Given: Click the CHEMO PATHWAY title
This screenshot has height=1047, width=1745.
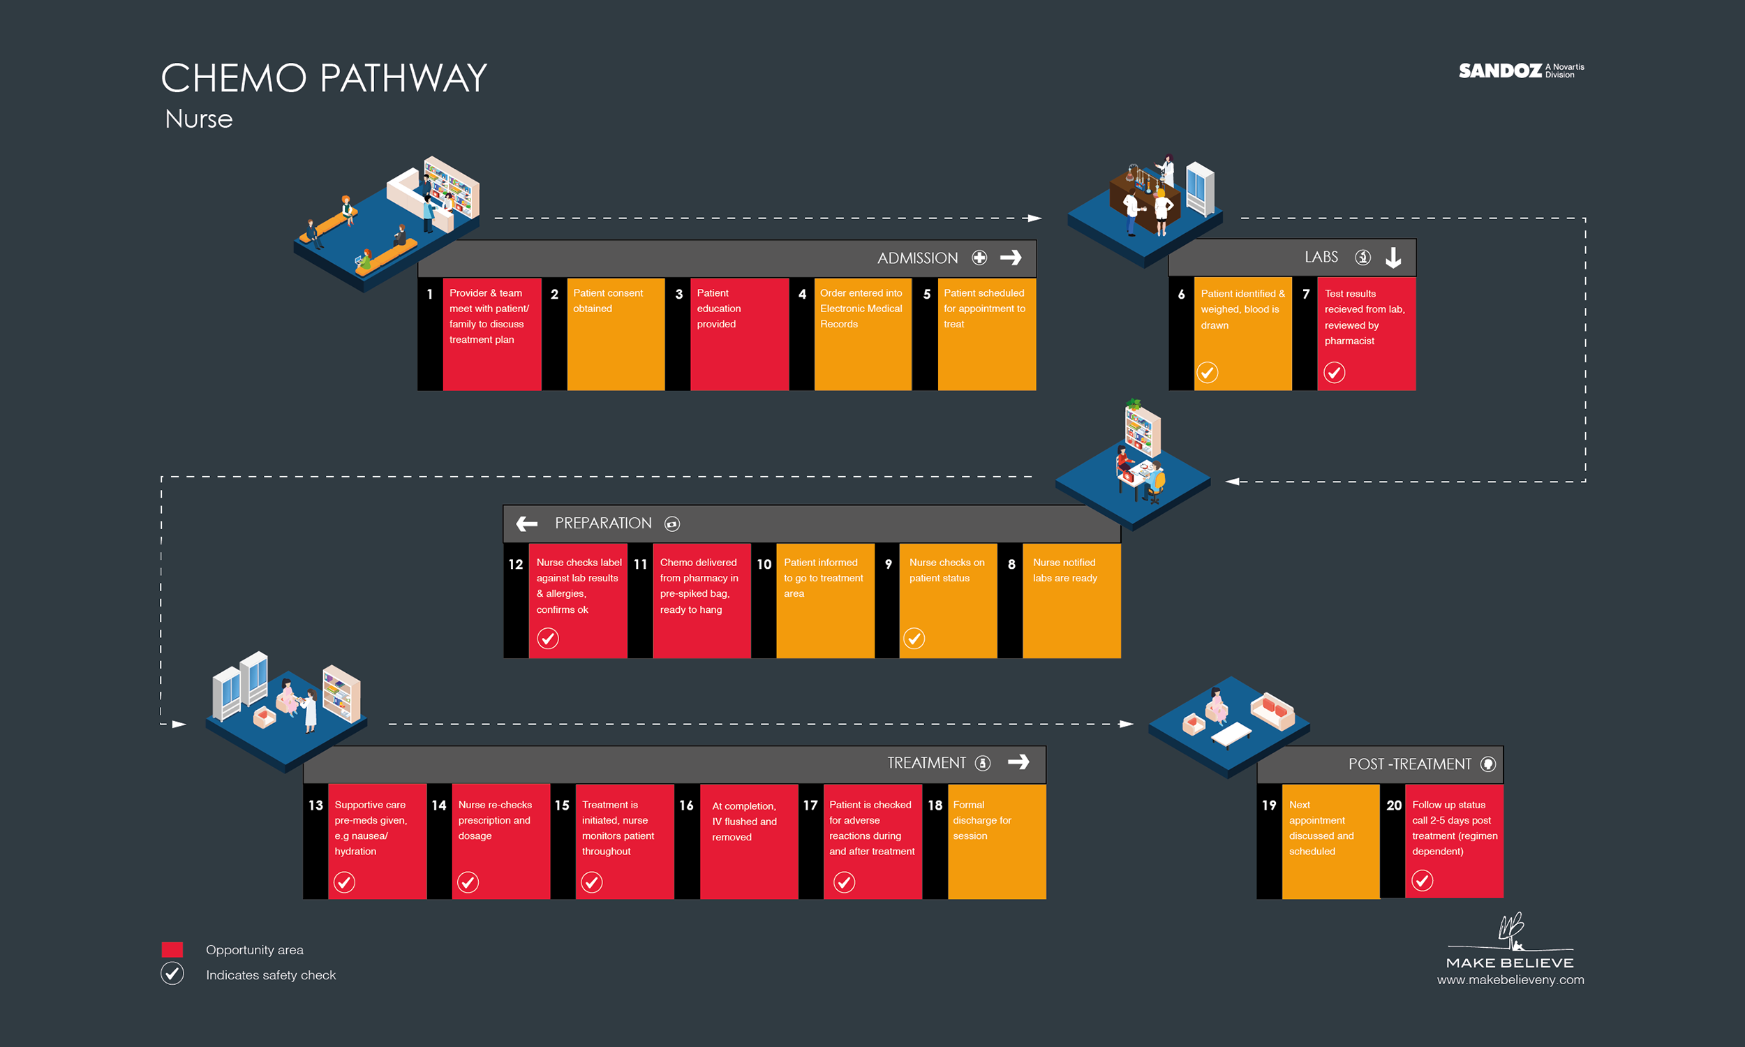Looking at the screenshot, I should (x=324, y=77).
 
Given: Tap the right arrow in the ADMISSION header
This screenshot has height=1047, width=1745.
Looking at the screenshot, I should (x=1011, y=258).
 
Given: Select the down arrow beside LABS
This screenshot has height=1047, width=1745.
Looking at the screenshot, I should (x=1393, y=258).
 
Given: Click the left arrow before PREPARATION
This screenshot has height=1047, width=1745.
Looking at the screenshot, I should (x=526, y=523).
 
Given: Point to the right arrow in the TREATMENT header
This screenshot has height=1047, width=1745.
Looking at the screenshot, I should (x=1018, y=762).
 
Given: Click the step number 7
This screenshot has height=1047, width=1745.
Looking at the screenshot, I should (x=1305, y=294).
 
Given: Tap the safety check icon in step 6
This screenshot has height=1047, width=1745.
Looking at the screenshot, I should (x=1207, y=373).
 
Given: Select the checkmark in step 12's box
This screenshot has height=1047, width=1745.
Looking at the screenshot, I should (x=548, y=639).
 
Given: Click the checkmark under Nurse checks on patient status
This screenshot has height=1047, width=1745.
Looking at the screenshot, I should (x=914, y=639).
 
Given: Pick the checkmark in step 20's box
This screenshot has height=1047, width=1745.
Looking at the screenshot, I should (x=1422, y=880).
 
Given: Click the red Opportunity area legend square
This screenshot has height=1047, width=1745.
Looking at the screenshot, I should (x=172, y=950).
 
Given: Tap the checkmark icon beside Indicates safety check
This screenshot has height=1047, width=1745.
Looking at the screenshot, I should (x=172, y=974).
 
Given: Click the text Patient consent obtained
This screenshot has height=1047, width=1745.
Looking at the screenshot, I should (x=607, y=301).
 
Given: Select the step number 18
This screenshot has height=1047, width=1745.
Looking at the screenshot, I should (x=935, y=805).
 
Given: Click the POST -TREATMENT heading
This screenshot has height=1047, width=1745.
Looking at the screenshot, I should (x=1409, y=764).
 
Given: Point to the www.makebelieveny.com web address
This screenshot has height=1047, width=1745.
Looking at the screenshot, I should (x=1510, y=979).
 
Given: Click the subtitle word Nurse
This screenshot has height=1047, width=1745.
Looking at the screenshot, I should (x=199, y=119).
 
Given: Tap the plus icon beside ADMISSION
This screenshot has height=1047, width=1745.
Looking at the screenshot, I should (x=979, y=258).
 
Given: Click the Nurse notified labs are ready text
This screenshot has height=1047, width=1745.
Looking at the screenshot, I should (x=1064, y=570).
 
